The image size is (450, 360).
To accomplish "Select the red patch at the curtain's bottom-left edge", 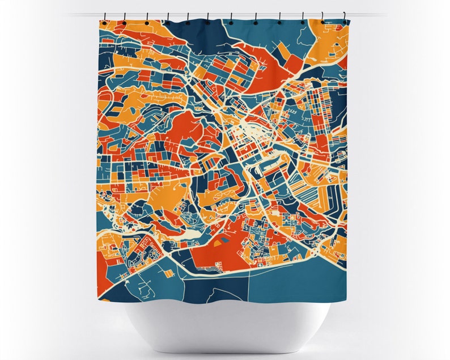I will (x=102, y=266).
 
